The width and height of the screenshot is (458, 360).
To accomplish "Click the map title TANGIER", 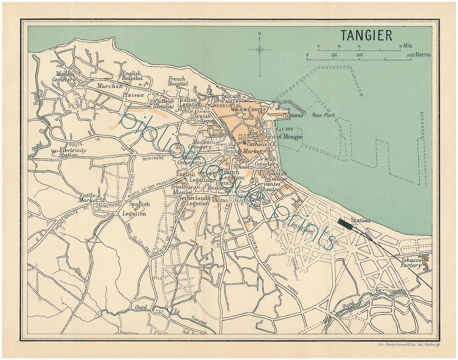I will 366,35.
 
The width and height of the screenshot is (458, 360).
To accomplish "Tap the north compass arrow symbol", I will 260,50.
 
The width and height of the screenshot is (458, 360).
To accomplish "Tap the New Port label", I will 323,115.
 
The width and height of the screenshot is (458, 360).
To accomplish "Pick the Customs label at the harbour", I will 292,115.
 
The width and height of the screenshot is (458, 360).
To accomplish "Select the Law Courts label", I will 249,109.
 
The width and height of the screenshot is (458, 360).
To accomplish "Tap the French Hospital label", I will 178,82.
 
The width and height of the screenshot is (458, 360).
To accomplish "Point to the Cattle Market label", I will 89,197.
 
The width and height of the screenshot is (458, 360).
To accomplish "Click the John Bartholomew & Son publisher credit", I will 408,344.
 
